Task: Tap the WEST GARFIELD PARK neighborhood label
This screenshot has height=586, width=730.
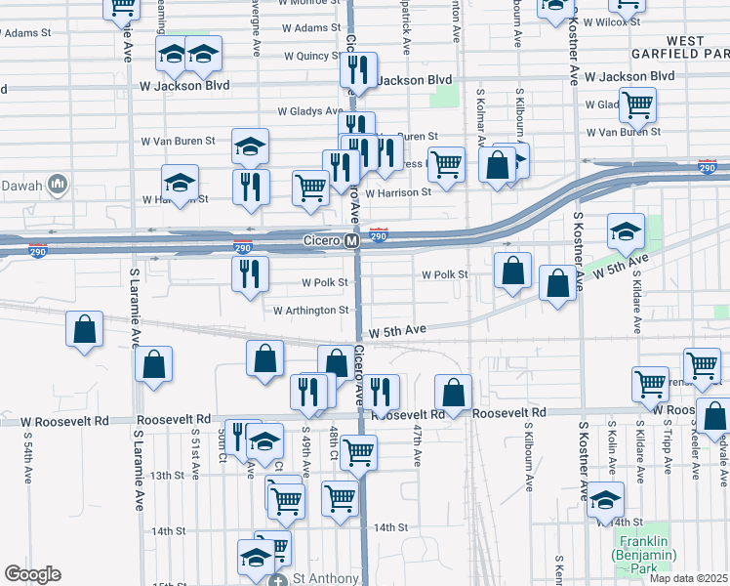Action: tap(672, 47)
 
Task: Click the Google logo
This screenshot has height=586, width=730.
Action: tap(32, 574)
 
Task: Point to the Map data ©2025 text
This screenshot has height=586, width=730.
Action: tap(687, 578)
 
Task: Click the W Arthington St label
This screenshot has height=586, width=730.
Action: tap(310, 311)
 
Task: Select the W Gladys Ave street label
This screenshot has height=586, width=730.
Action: tap(309, 111)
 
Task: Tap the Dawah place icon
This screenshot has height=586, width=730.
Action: tap(57, 184)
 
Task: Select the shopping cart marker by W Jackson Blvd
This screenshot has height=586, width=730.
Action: tap(637, 105)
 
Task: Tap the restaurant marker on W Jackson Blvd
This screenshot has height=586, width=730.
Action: tap(358, 69)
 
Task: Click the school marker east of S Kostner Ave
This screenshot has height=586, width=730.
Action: tap(626, 231)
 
